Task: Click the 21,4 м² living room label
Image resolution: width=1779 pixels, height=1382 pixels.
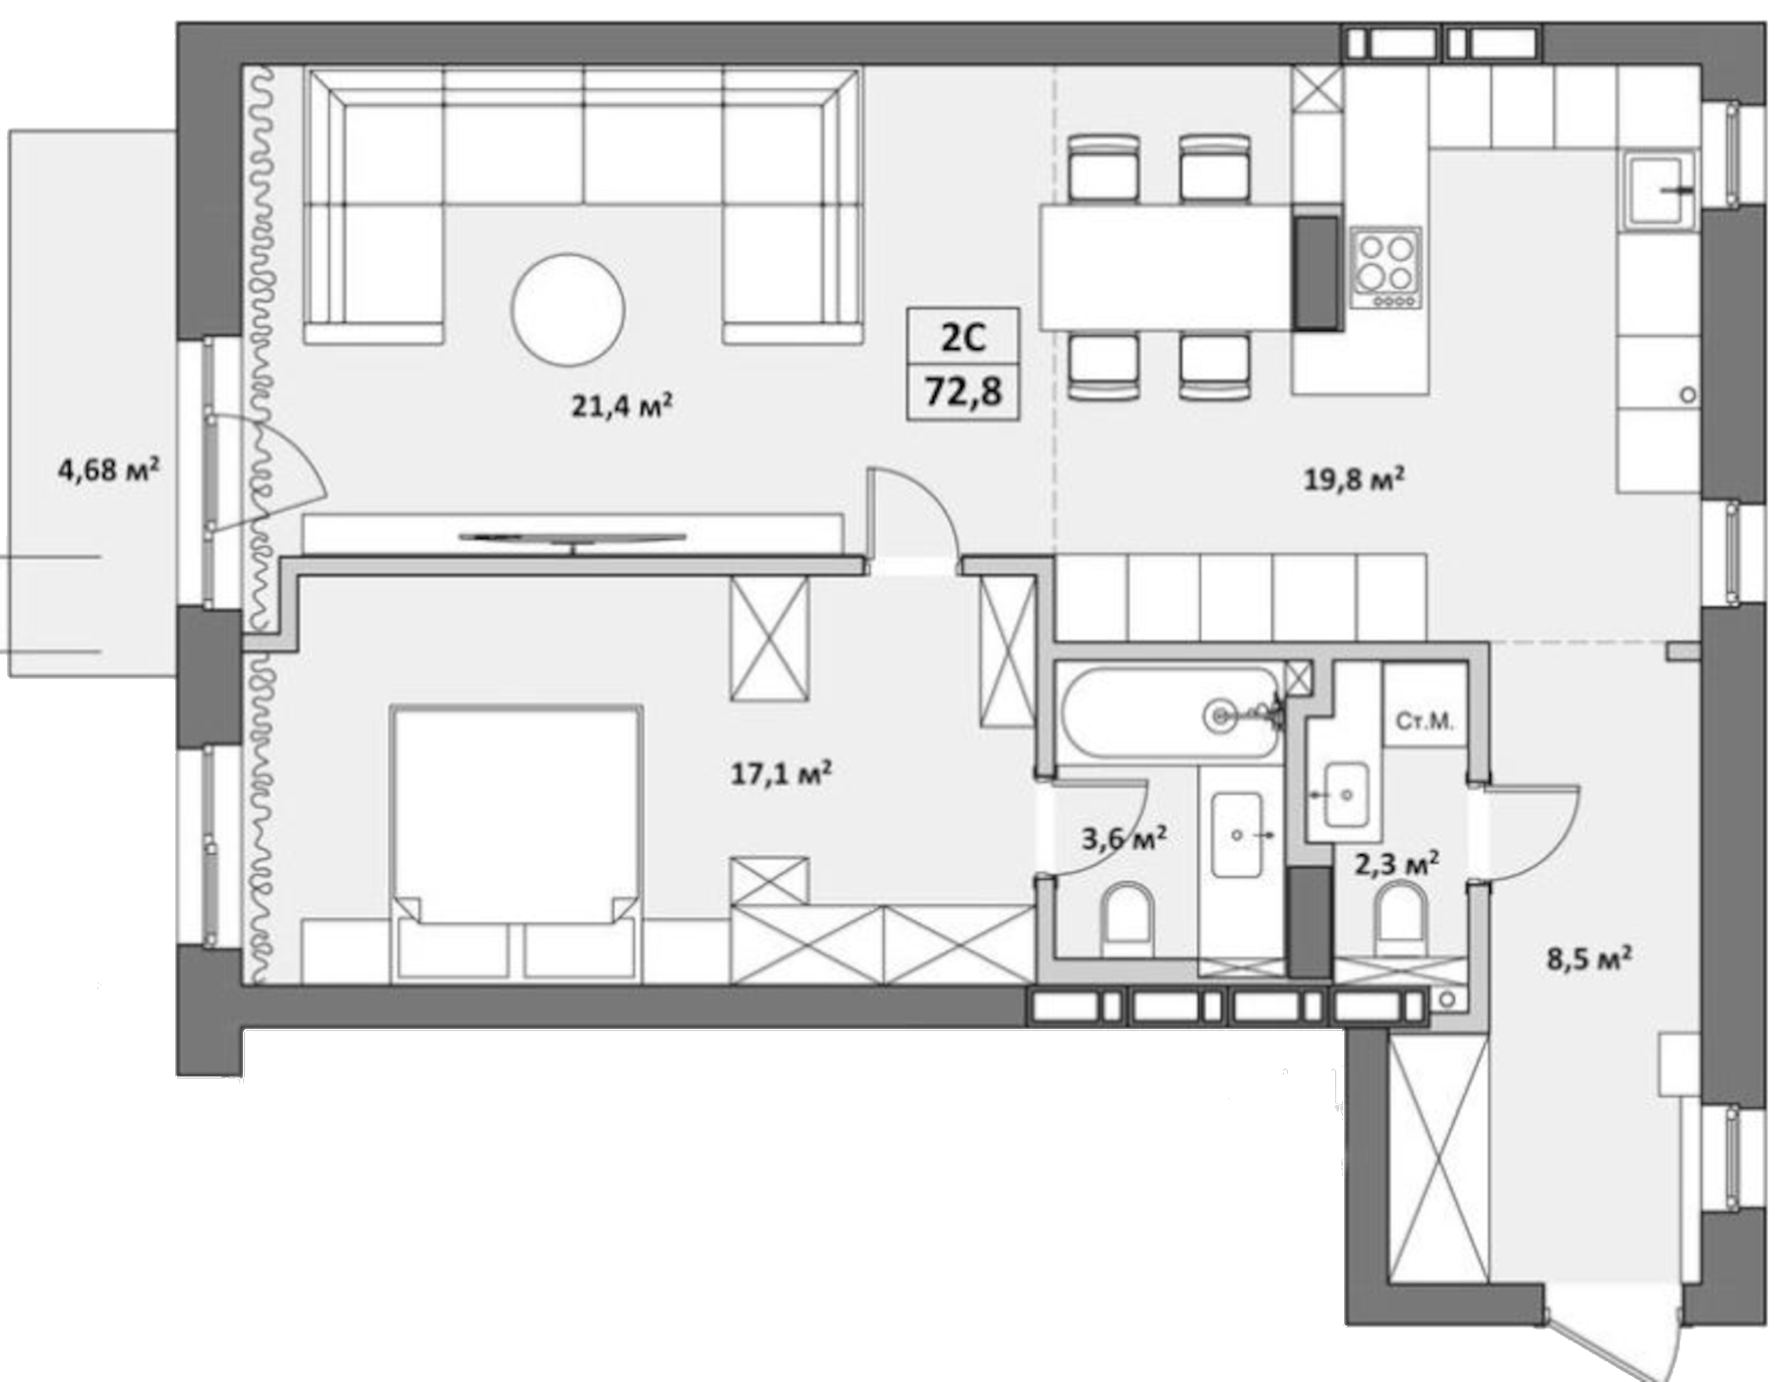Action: click(622, 405)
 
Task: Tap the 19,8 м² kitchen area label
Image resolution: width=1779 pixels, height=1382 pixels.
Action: click(1354, 479)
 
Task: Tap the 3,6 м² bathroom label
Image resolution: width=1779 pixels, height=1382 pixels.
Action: click(1124, 839)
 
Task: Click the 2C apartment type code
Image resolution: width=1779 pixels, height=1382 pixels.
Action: click(963, 338)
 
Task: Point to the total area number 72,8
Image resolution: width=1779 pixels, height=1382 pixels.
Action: click(963, 392)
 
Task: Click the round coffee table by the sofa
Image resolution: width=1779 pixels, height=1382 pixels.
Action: click(567, 308)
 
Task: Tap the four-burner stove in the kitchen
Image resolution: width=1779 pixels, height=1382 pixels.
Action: click(1386, 268)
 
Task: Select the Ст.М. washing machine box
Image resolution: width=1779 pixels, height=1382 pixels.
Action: click(1424, 722)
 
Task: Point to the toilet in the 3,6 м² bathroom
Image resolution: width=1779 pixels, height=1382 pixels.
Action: click(1127, 919)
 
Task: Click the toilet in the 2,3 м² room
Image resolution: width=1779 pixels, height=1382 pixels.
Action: click(1400, 919)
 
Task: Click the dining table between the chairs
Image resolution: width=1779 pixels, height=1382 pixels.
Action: click(1166, 267)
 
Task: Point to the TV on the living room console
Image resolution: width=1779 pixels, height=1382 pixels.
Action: click(572, 538)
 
